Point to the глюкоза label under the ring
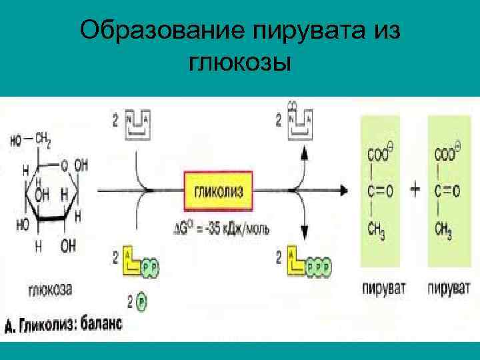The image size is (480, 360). (50, 289)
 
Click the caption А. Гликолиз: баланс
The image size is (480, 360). (63, 325)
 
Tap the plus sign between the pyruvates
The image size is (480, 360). (415, 190)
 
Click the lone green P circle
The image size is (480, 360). (141, 303)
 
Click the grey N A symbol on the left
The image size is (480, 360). (139, 125)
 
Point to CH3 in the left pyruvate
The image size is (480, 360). (377, 230)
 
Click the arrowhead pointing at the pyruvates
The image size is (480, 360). (343, 190)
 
